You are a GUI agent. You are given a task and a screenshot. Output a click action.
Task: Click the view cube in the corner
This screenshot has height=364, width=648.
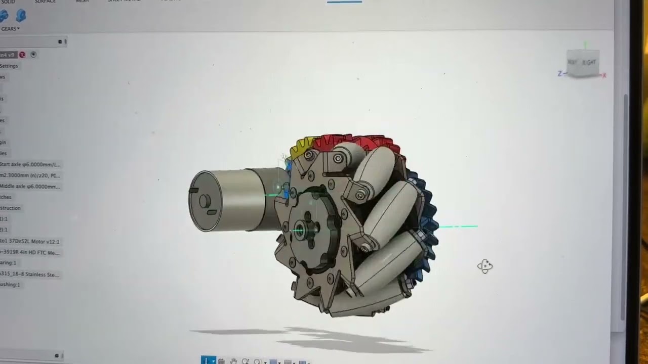click(583, 63)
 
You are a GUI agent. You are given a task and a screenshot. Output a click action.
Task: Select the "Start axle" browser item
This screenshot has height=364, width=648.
click(30, 164)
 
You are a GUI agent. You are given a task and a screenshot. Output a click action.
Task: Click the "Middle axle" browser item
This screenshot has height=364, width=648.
click(30, 187)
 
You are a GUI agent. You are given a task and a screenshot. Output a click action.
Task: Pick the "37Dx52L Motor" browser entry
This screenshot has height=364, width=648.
click(30, 242)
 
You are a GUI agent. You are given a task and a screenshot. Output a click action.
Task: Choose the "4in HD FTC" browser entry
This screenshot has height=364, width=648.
click(30, 252)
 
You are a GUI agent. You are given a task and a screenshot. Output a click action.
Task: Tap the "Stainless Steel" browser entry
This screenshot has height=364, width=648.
click(30, 275)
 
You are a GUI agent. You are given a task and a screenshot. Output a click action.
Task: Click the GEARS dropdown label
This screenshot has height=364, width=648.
click(10, 29)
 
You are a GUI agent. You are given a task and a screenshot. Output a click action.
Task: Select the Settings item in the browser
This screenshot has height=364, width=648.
click(9, 66)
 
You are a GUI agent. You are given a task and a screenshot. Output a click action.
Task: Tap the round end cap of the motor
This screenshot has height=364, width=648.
click(206, 201)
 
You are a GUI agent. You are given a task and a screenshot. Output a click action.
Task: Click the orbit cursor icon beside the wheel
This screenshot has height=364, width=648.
click(485, 266)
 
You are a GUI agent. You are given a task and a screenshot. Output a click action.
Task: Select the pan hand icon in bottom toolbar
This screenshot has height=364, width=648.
click(233, 361)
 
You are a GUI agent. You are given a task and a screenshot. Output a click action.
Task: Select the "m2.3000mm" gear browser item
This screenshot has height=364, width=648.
click(30, 175)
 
